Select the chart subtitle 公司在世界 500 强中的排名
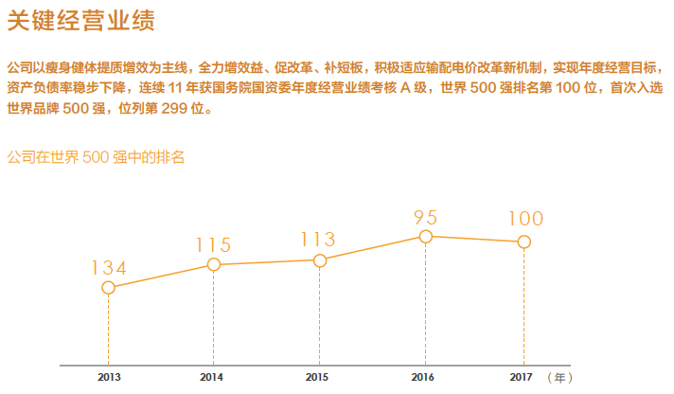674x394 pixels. pos(95,157)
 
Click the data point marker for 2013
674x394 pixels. pos(108,287)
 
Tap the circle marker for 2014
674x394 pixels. pos(214,264)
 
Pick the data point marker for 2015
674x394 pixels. pos(320,260)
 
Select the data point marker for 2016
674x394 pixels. pos(426,236)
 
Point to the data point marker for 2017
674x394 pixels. pos(523,242)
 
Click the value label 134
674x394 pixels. pos(109,268)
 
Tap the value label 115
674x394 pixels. pos(214,245)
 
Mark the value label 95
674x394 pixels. pos(426,217)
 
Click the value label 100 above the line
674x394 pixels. pos(525,220)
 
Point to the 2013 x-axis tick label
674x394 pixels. pos(108,377)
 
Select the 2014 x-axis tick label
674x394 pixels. pos(213,377)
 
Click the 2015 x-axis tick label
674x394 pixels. pos(319,377)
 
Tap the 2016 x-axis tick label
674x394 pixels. pos(425,377)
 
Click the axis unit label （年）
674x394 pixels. pos(560,377)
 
